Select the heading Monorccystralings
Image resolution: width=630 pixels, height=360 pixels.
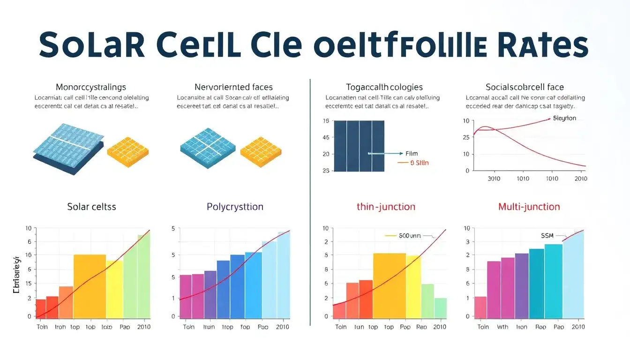click(91, 87)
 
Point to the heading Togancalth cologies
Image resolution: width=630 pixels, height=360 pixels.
click(378, 87)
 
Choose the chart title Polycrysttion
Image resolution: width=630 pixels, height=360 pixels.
click(235, 207)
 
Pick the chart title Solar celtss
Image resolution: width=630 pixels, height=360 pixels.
click(91, 207)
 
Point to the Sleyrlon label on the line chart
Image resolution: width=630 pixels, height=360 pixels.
click(565, 119)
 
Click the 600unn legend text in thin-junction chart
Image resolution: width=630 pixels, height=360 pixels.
click(410, 236)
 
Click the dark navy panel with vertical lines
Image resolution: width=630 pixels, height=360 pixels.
click(359, 146)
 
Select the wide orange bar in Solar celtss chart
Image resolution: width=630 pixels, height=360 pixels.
click(90, 286)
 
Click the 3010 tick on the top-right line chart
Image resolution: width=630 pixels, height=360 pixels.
click(494, 179)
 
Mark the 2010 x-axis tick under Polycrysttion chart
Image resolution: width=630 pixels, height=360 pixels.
click(283, 327)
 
